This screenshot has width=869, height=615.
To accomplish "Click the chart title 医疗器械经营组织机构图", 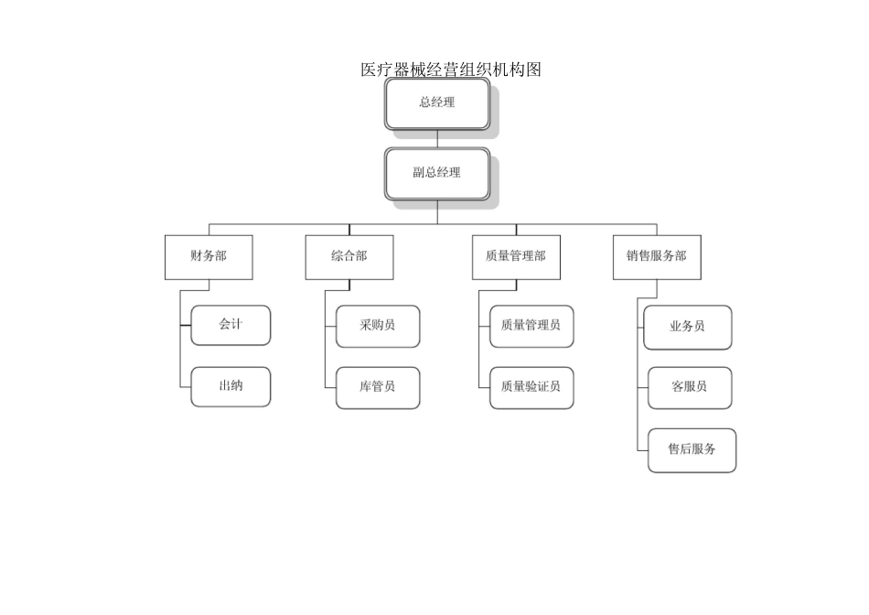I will pyautogui.click(x=451, y=70).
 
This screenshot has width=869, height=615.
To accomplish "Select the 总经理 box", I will pyautogui.click(x=437, y=102).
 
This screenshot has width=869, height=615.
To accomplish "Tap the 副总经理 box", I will pyautogui.click(x=437, y=173).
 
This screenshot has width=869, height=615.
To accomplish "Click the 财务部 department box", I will pyautogui.click(x=209, y=256).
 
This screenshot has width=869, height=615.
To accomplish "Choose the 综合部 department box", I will pyautogui.click(x=349, y=256).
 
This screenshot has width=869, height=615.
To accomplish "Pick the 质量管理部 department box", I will pyautogui.click(x=516, y=256).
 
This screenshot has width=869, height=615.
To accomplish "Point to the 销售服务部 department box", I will pyautogui.click(x=657, y=256).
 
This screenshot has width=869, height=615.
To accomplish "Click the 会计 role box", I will pyautogui.click(x=231, y=325).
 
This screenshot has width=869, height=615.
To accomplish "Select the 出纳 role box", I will pyautogui.click(x=231, y=386).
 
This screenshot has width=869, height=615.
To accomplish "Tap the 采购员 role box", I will pyautogui.click(x=378, y=326).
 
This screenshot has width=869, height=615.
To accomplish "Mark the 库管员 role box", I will pyautogui.click(x=378, y=387).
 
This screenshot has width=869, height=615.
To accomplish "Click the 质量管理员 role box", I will pyautogui.click(x=531, y=326).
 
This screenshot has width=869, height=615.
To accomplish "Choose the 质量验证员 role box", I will pyautogui.click(x=531, y=387).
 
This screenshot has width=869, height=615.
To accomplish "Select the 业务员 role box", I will pyautogui.click(x=688, y=327).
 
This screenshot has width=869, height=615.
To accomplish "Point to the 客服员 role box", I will pyautogui.click(x=690, y=387).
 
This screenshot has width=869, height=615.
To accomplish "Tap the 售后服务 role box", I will pyautogui.click(x=692, y=449).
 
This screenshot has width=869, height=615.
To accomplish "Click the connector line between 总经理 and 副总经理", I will pyautogui.click(x=437, y=139).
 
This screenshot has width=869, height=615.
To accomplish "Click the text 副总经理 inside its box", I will pyautogui.click(x=437, y=173).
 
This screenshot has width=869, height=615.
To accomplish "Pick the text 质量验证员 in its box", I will pyautogui.click(x=531, y=387).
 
